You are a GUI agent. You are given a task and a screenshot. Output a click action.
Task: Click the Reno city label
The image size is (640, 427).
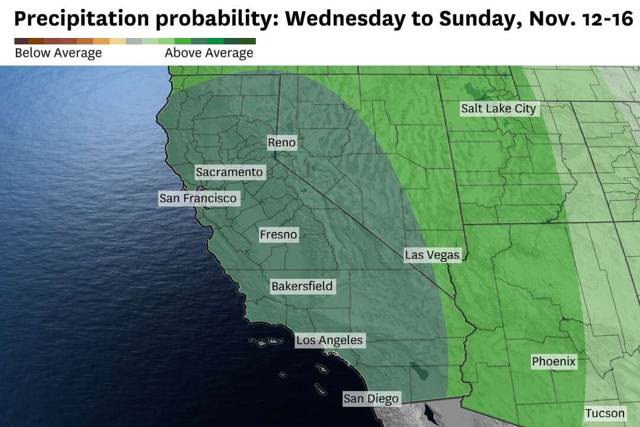[281, 142]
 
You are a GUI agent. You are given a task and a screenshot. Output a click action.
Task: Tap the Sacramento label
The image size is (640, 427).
[229, 172]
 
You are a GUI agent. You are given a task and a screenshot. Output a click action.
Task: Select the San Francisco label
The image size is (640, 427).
[198, 198]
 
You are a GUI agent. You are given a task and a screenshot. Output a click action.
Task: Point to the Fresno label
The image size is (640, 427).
[279, 235]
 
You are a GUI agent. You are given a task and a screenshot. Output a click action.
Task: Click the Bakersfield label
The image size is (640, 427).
[302, 286]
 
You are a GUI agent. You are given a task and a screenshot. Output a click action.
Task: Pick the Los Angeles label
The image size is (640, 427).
[329, 340]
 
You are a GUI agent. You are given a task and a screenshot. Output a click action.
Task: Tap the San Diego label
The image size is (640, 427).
[371, 399]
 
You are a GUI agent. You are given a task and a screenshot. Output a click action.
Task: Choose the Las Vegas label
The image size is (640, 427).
[432, 255]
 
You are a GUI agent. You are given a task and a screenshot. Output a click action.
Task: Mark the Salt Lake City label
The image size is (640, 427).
[498, 109]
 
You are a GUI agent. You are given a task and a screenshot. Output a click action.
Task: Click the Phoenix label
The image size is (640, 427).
[553, 361]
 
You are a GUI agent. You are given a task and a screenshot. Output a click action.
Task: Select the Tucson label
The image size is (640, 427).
[605, 413]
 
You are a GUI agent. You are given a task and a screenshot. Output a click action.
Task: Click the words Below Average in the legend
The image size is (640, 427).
[58, 53]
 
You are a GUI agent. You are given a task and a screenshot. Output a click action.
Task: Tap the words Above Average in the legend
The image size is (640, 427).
[209, 53]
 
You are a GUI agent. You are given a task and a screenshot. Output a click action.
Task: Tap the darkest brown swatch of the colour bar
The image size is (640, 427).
[21, 41]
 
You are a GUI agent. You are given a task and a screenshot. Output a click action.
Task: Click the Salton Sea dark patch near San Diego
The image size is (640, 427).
[420, 372]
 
